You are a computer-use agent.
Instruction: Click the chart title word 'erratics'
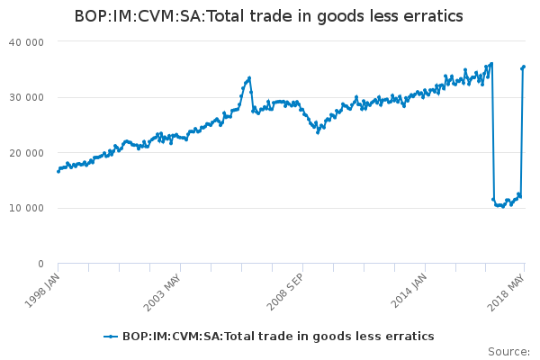[x=431, y=16]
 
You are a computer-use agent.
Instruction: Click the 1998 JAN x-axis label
[x=42, y=286]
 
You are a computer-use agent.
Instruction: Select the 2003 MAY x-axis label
[x=164, y=286]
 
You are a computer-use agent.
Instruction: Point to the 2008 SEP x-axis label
[x=285, y=286]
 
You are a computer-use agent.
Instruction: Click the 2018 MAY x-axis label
[x=508, y=286]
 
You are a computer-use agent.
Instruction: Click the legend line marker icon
[x=111, y=337]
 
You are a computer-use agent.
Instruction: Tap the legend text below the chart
[x=278, y=337]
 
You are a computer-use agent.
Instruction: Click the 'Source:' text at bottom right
[x=508, y=351]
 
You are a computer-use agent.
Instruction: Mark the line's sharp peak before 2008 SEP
[x=249, y=77]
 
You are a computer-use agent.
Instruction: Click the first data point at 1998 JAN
[x=58, y=171]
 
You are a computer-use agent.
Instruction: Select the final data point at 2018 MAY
[x=524, y=67]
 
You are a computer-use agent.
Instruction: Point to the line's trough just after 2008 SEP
[x=318, y=132]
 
